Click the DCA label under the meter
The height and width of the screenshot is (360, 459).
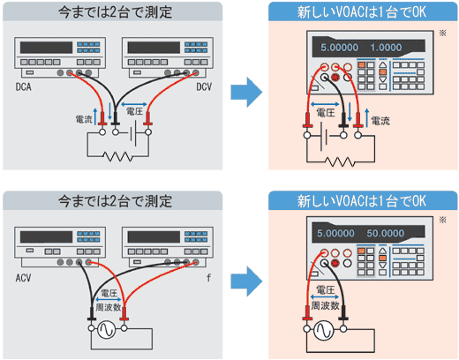click(x=24, y=89)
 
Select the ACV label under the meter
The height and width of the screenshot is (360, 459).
click(x=24, y=276)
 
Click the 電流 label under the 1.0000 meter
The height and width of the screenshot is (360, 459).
click(x=380, y=120)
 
